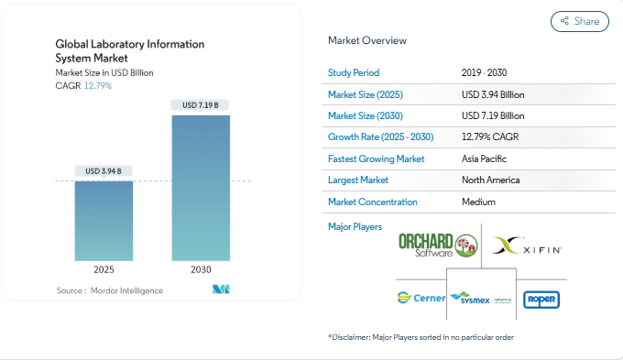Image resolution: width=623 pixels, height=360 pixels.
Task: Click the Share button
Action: (579, 21)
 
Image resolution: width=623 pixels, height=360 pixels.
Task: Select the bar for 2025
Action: (104, 220)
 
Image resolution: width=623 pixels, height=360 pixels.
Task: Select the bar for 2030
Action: (200, 188)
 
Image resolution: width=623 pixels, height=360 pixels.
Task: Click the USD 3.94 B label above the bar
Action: (104, 171)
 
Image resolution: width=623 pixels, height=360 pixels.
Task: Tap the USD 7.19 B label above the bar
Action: (200, 105)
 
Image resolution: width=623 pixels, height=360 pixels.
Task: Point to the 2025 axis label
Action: (104, 269)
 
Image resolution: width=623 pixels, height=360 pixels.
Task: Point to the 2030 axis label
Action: (200, 269)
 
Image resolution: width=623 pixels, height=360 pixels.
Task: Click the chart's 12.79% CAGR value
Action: (97, 85)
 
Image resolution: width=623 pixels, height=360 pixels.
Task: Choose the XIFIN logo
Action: (527, 245)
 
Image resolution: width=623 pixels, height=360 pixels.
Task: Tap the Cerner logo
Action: (421, 298)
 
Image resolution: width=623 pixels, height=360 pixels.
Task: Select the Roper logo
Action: (541, 299)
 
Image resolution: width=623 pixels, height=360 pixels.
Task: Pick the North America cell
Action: (491, 180)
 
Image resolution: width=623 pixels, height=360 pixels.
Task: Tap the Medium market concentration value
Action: (479, 202)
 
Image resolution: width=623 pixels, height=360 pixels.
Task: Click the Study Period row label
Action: (353, 72)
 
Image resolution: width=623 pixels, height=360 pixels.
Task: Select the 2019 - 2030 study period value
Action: (486, 72)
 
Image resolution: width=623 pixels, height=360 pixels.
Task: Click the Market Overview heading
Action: (367, 41)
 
